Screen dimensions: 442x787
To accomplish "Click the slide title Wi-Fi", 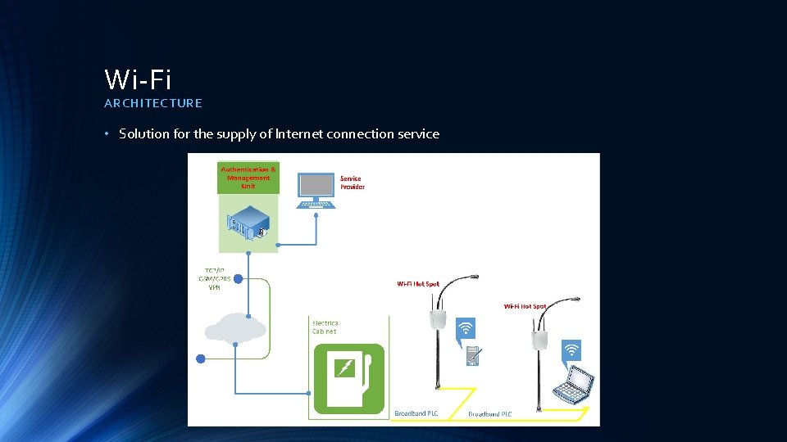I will click(138, 79).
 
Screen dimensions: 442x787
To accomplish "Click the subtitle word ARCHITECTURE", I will click(152, 103).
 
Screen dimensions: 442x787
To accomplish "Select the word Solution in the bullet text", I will click(144, 133).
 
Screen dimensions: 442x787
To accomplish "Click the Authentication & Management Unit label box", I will click(248, 178).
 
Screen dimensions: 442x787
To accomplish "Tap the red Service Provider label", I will click(353, 183).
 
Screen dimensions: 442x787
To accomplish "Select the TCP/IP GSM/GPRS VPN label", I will click(214, 278).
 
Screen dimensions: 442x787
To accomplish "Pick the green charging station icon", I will click(348, 377).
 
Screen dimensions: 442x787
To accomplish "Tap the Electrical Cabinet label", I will click(325, 327).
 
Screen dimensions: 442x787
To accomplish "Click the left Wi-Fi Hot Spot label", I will click(418, 284).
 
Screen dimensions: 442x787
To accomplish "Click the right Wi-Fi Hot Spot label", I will click(525, 306).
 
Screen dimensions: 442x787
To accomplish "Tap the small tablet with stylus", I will click(473, 356).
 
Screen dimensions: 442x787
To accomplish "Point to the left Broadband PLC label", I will click(416, 413).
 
